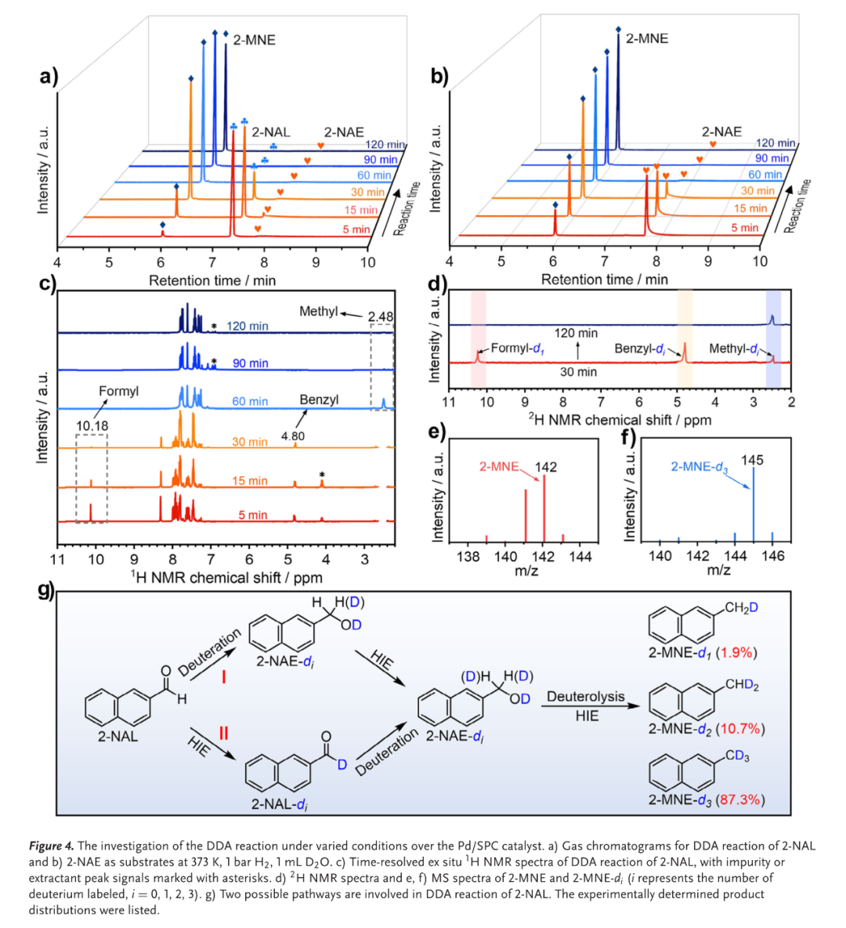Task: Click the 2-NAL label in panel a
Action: (x=270, y=132)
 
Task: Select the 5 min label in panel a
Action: (x=356, y=229)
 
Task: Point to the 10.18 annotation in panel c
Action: (x=92, y=426)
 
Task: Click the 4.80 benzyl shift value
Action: (x=293, y=436)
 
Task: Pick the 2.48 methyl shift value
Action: (x=381, y=316)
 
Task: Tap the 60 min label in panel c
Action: (x=250, y=401)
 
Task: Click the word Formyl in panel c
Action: (x=118, y=391)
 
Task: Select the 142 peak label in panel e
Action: (x=546, y=467)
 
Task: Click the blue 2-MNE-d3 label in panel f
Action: (x=699, y=468)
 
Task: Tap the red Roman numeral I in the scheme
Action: (x=223, y=676)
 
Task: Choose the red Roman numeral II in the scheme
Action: (x=223, y=734)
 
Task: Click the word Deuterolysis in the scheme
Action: (x=586, y=696)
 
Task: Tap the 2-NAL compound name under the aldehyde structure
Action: (x=117, y=736)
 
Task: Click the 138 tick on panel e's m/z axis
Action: (x=468, y=557)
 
